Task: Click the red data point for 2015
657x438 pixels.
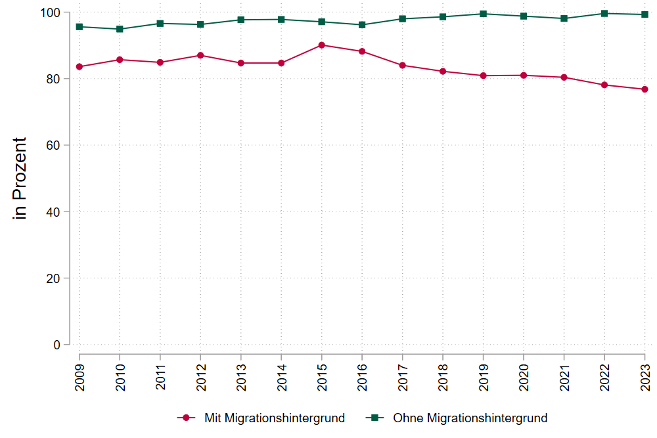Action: [321, 45]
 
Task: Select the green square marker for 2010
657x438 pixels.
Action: [120, 29]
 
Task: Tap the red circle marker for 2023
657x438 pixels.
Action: [645, 89]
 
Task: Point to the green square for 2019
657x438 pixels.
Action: [483, 14]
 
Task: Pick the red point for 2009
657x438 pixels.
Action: [79, 66]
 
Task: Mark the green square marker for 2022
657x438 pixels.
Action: [604, 13]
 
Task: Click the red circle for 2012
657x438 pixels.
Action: [200, 55]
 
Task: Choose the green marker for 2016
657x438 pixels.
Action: [362, 25]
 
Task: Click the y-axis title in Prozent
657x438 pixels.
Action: [20, 178]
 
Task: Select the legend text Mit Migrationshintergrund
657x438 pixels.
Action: [274, 418]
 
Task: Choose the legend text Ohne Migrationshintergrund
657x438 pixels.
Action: [470, 418]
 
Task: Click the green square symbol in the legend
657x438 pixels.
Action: [376, 418]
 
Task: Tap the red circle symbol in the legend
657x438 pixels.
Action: [187, 418]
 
